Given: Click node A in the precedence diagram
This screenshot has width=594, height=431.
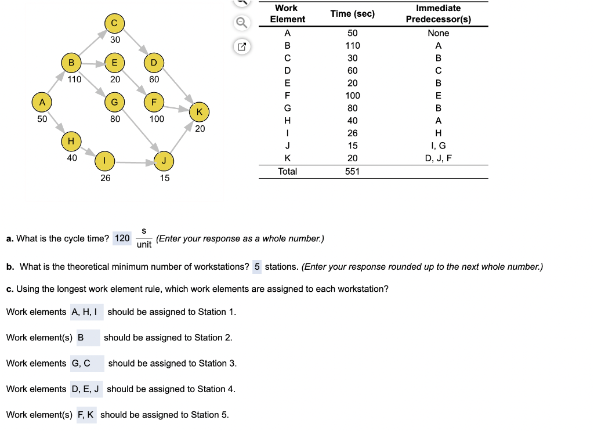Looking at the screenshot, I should point(42,102).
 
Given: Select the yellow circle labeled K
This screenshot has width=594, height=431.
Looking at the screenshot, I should point(200,111).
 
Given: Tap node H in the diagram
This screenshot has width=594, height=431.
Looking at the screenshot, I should point(71,141).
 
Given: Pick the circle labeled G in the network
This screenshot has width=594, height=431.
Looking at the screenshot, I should point(114,102).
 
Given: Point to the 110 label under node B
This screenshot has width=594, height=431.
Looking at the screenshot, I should point(74,79).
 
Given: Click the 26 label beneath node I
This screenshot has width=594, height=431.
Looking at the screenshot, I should point(105,178).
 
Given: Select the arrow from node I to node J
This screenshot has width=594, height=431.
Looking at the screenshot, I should point(134,162).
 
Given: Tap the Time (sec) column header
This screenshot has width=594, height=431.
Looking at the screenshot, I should point(352,13).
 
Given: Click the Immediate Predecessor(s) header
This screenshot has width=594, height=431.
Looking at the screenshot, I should point(438,13).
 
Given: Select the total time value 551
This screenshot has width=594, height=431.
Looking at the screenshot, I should point(352,171).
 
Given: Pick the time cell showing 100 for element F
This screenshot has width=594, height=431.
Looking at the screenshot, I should point(352,95).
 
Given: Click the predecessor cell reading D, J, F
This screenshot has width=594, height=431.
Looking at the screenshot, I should point(438,158).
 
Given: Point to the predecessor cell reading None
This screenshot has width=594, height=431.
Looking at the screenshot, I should point(438,33).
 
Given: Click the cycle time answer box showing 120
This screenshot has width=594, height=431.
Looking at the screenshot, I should point(122,238).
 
